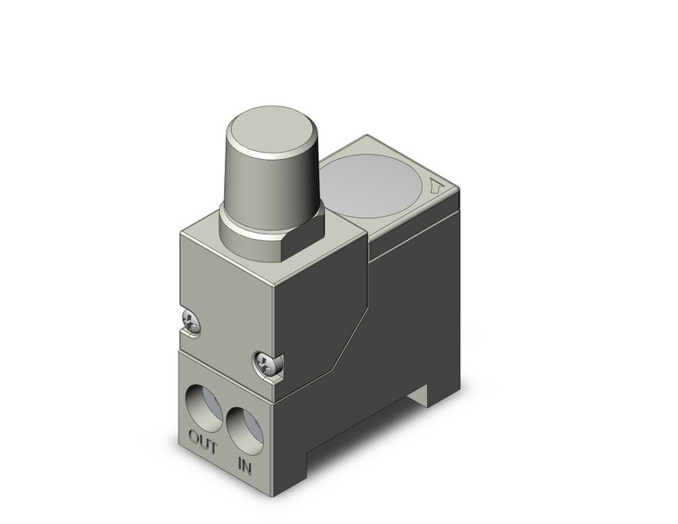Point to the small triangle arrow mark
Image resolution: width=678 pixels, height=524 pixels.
pyautogui.click(x=435, y=187)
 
